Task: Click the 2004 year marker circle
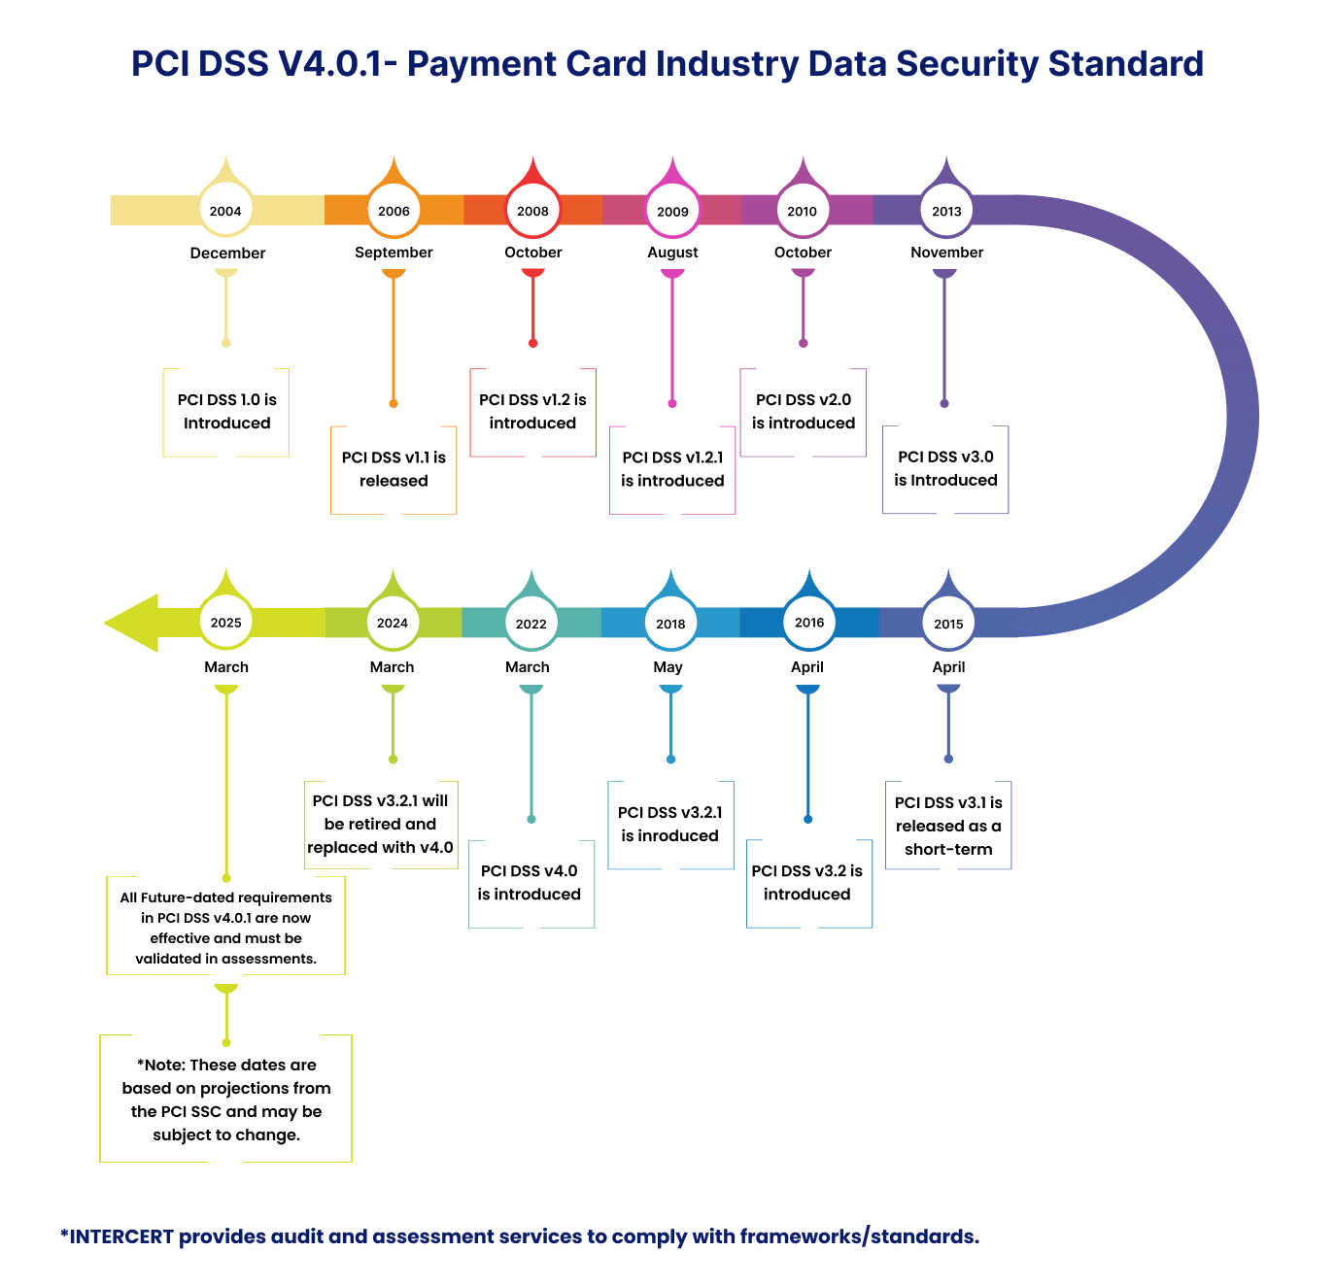[x=225, y=211]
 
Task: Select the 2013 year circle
[x=946, y=211]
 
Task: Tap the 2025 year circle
[x=225, y=623]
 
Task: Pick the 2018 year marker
[x=670, y=624]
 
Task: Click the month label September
[x=394, y=253]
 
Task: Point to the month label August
[x=672, y=253]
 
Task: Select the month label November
[x=946, y=253]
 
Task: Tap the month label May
[x=668, y=667]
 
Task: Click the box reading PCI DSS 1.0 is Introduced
[x=226, y=412]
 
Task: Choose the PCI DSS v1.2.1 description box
[x=672, y=469]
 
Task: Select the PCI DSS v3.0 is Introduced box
[x=945, y=469]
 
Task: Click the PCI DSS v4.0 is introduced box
[x=530, y=883]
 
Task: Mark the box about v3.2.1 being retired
[x=380, y=825]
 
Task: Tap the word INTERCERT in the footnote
[x=121, y=1236]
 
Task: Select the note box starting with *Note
[x=225, y=1100]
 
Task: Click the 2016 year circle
[x=808, y=623]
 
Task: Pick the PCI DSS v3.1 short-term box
[x=948, y=826]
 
